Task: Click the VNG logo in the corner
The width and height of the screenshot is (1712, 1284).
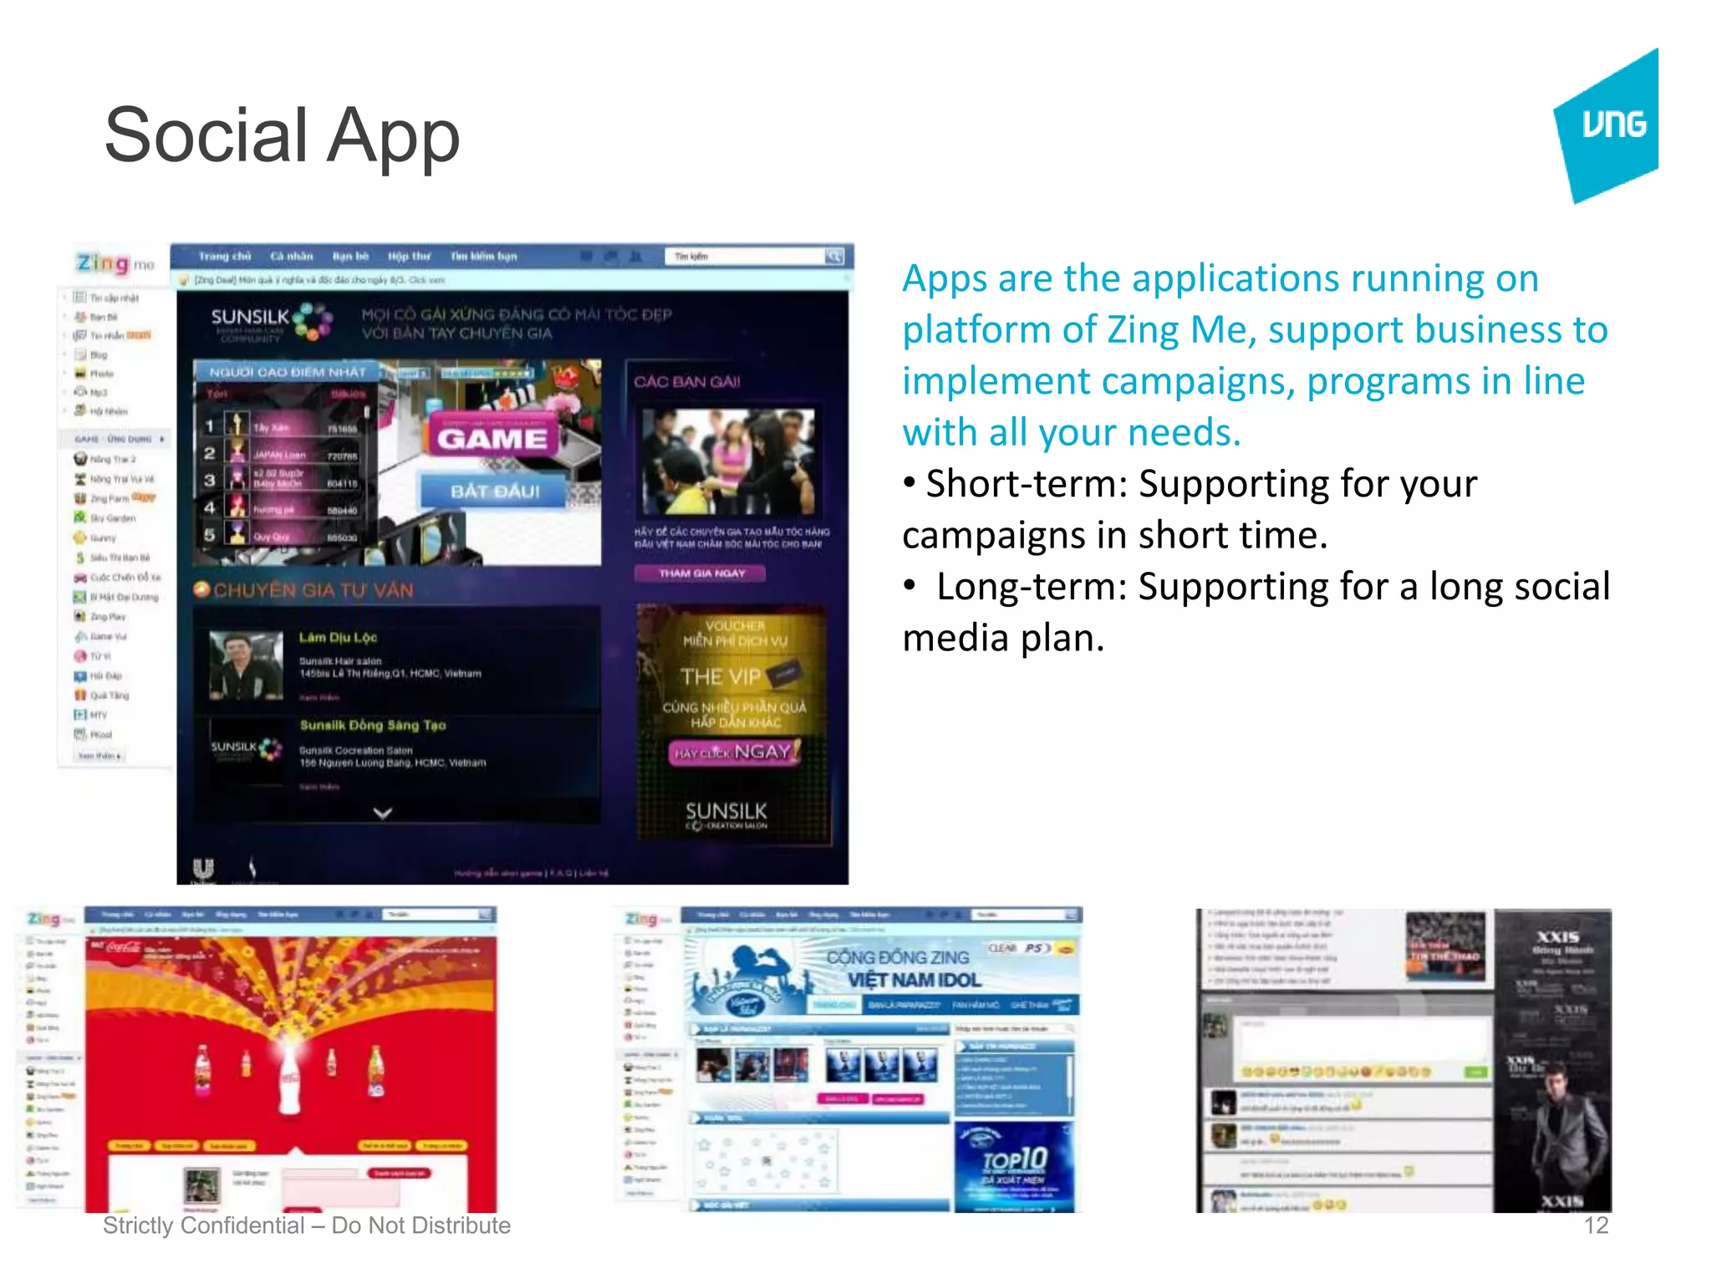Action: point(1609,125)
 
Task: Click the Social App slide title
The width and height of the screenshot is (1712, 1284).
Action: point(282,135)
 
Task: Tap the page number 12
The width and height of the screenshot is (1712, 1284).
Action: point(1595,1225)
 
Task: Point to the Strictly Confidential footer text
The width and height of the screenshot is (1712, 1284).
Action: point(306,1225)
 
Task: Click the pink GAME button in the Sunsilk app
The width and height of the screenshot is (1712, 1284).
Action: point(492,437)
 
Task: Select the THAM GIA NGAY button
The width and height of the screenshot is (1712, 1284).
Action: point(701,573)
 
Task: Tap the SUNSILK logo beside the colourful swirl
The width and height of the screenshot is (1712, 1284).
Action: point(250,318)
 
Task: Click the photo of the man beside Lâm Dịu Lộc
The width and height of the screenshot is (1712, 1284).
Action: point(246,665)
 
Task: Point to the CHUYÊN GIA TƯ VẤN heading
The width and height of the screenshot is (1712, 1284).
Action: point(313,590)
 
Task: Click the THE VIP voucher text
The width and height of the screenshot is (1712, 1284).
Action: point(721,675)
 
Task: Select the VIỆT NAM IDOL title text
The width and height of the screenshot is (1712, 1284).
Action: point(914,980)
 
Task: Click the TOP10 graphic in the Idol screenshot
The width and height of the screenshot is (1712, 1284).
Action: point(1015,1160)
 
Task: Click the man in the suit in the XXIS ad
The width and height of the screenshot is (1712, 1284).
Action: point(1559,1129)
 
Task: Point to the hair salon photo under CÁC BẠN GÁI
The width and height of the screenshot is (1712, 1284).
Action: point(727,461)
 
